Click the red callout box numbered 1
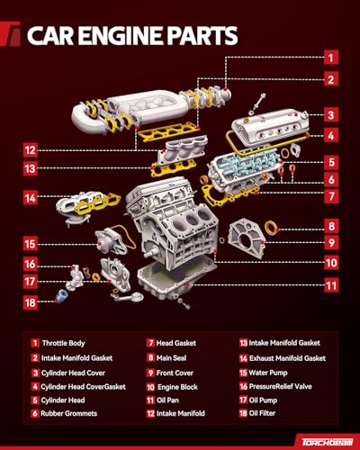(x=331, y=58)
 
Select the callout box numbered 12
(x=31, y=150)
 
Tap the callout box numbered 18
(x=31, y=302)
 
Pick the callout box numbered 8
(x=331, y=226)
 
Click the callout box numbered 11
(x=331, y=285)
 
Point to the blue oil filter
(x=61, y=295)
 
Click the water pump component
(x=111, y=241)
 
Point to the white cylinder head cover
(x=271, y=124)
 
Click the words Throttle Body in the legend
(x=63, y=343)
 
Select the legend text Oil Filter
(x=262, y=413)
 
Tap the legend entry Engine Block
(x=177, y=387)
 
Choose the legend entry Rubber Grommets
(x=68, y=413)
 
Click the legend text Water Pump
(x=268, y=373)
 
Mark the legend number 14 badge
(x=243, y=358)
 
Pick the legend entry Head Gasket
(x=176, y=343)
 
